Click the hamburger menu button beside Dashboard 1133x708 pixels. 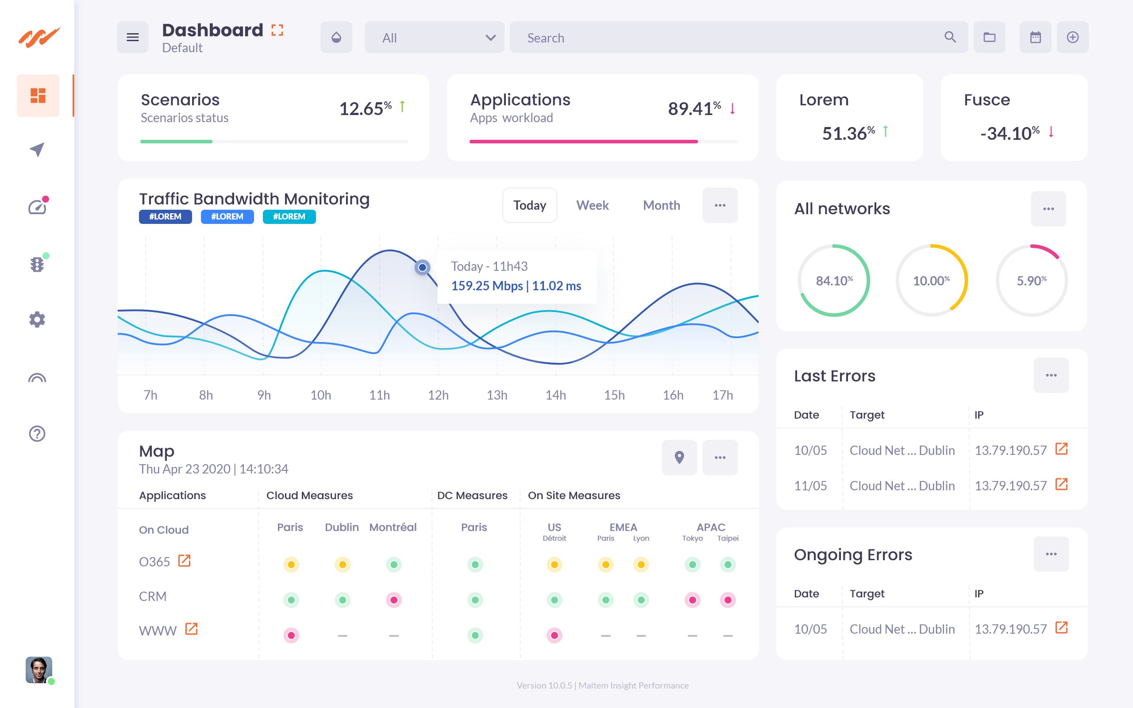point(132,38)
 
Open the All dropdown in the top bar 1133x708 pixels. point(434,38)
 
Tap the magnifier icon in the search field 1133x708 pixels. point(950,37)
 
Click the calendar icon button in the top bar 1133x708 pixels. point(1035,38)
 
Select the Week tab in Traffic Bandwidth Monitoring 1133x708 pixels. point(592,205)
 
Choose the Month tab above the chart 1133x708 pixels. point(661,205)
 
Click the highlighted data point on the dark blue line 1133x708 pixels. point(422,267)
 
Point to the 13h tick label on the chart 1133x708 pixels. point(497,395)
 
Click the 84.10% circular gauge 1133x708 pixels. point(834,281)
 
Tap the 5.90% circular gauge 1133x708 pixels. point(1031,281)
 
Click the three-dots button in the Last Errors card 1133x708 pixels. point(1051,376)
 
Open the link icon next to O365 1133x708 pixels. point(185,561)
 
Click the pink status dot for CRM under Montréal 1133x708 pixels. point(394,600)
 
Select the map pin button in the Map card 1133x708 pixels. point(679,458)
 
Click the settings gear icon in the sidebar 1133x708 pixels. point(37,320)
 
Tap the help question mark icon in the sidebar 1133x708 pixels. point(37,434)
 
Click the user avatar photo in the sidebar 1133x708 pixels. point(39,670)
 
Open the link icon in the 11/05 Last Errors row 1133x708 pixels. point(1061,485)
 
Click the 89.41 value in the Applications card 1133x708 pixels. point(690,109)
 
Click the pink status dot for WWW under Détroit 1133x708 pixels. point(554,635)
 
